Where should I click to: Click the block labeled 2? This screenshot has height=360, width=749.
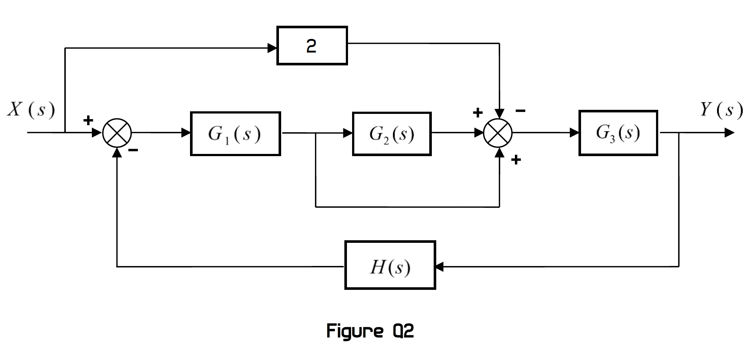pos(312,46)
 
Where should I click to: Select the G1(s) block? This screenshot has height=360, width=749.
pos(235,134)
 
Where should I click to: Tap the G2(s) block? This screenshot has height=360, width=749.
pos(391,134)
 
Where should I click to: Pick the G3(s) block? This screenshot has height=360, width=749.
pos(618,133)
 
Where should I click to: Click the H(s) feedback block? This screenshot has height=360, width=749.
pos(390,265)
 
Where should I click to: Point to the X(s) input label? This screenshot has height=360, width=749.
pos(31,110)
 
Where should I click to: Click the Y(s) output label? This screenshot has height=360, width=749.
pos(721,110)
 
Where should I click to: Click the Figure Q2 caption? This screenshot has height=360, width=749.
pos(370,331)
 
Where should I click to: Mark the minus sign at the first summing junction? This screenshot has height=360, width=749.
pos(133,150)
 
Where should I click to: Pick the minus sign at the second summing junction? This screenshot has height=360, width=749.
pos(520,110)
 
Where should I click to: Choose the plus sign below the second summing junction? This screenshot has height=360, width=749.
pos(516,159)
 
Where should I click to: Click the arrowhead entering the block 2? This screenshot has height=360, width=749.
pos(272,48)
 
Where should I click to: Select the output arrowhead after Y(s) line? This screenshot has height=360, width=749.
pos(729,133)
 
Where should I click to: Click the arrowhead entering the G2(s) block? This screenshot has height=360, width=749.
pos(347,133)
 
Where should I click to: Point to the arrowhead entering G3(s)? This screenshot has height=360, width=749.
pos(574,133)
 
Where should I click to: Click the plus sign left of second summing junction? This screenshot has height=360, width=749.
pos(477,112)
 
